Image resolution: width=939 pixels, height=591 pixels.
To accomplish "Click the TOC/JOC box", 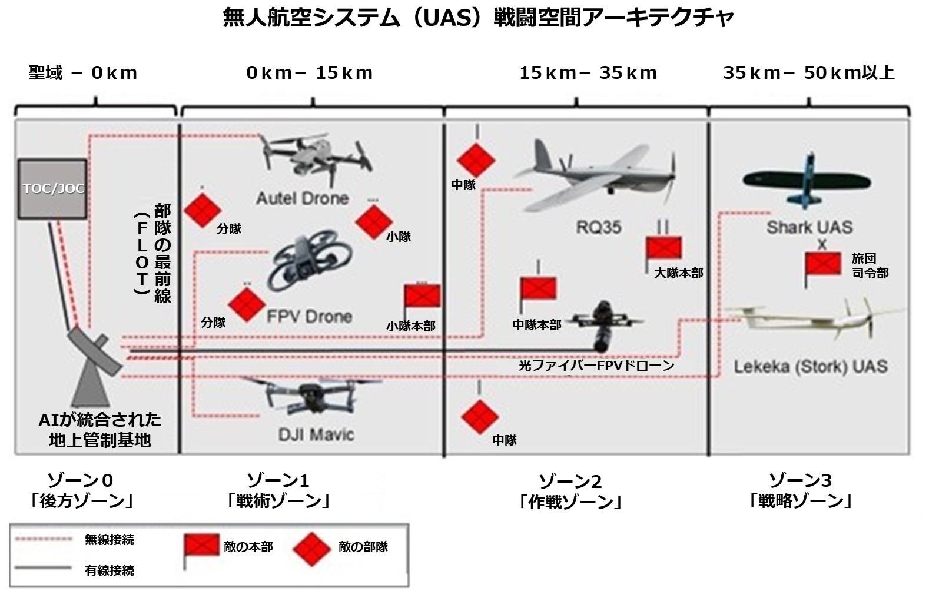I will pyautogui.click(x=53, y=188).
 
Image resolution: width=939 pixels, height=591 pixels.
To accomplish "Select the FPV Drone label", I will pyautogui.click(x=309, y=317).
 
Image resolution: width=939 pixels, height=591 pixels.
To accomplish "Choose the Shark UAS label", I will pyautogui.click(x=809, y=227).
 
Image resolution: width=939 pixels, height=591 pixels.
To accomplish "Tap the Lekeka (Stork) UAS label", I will pyautogui.click(x=810, y=367).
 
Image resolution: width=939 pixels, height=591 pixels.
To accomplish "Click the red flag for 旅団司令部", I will pyautogui.click(x=823, y=263).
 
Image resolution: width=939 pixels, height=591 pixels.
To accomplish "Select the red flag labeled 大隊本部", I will pyautogui.click(x=664, y=248).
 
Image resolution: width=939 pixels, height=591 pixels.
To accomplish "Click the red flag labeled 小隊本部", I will pyautogui.click(x=422, y=295).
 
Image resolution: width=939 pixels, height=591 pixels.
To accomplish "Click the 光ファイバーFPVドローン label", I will pyautogui.click(x=596, y=366).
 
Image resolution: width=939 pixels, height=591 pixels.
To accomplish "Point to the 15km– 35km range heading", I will pyautogui.click(x=588, y=73).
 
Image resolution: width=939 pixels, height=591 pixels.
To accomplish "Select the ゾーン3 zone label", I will pyautogui.click(x=801, y=481).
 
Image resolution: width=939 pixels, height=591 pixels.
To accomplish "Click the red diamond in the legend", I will pyautogui.click(x=311, y=549).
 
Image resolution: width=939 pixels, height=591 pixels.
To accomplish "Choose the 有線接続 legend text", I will pyautogui.click(x=110, y=570).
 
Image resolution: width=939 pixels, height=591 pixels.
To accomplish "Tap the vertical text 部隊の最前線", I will pyautogui.click(x=162, y=253).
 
